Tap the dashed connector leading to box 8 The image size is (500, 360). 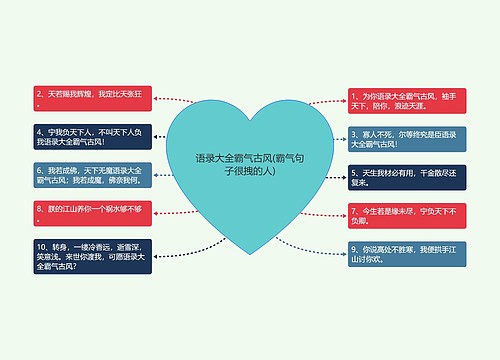coord(164,212)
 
